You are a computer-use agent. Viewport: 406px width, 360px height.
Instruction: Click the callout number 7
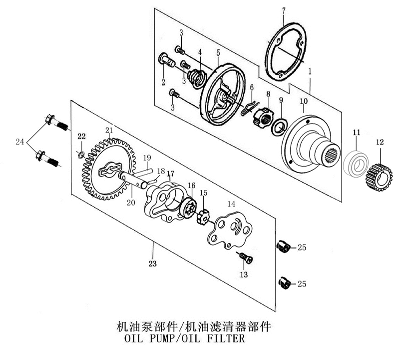(x=283, y=10)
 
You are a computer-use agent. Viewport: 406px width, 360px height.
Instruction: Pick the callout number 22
(x=81, y=136)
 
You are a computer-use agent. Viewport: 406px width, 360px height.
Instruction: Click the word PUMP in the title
(x=170, y=339)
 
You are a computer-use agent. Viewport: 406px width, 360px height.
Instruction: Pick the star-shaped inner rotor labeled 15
(x=203, y=217)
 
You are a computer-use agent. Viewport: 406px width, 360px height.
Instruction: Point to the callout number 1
(x=310, y=72)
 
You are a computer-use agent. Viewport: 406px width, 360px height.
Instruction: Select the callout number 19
(x=147, y=158)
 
